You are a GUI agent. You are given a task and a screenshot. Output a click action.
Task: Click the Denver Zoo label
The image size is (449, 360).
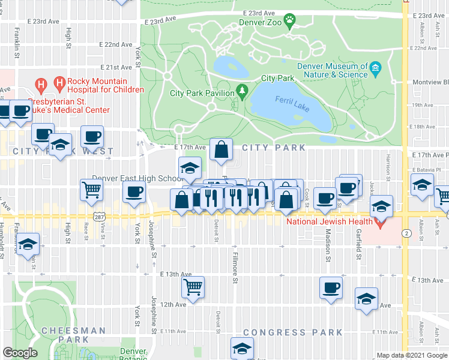259,23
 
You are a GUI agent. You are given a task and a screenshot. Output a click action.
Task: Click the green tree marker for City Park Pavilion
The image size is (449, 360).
243,91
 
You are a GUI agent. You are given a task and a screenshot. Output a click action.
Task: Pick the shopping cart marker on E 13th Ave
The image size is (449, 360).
193,287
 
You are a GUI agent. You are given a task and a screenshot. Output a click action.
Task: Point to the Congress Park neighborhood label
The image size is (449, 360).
293,332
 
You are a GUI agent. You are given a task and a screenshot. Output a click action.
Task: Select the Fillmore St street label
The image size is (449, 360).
235,268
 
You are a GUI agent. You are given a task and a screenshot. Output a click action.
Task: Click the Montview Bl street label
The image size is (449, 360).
430,83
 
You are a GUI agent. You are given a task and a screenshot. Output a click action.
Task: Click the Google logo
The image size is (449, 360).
20,353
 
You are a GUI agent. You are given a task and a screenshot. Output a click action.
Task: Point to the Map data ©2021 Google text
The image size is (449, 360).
411,355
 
